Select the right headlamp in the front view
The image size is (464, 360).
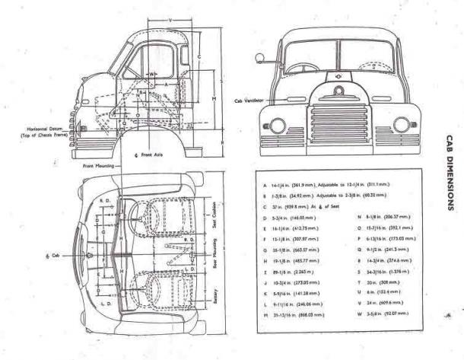pos(402,124)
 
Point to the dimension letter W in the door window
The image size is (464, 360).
pos(154,74)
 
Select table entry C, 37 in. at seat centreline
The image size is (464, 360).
pos(301,206)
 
